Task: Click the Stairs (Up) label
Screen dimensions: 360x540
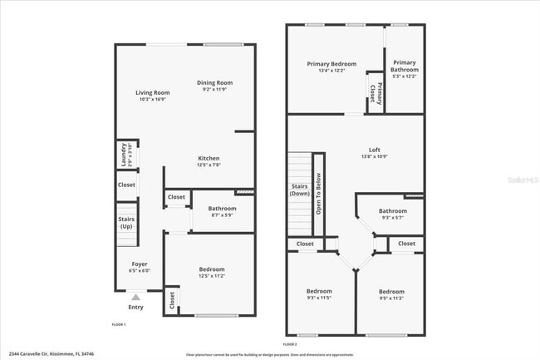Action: pyautogui.click(x=126, y=223)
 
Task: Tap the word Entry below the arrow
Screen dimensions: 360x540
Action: pyautogui.click(x=135, y=307)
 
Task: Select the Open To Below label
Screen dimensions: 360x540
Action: pyautogui.click(x=317, y=194)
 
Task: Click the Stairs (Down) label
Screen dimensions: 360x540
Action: pyautogui.click(x=300, y=190)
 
